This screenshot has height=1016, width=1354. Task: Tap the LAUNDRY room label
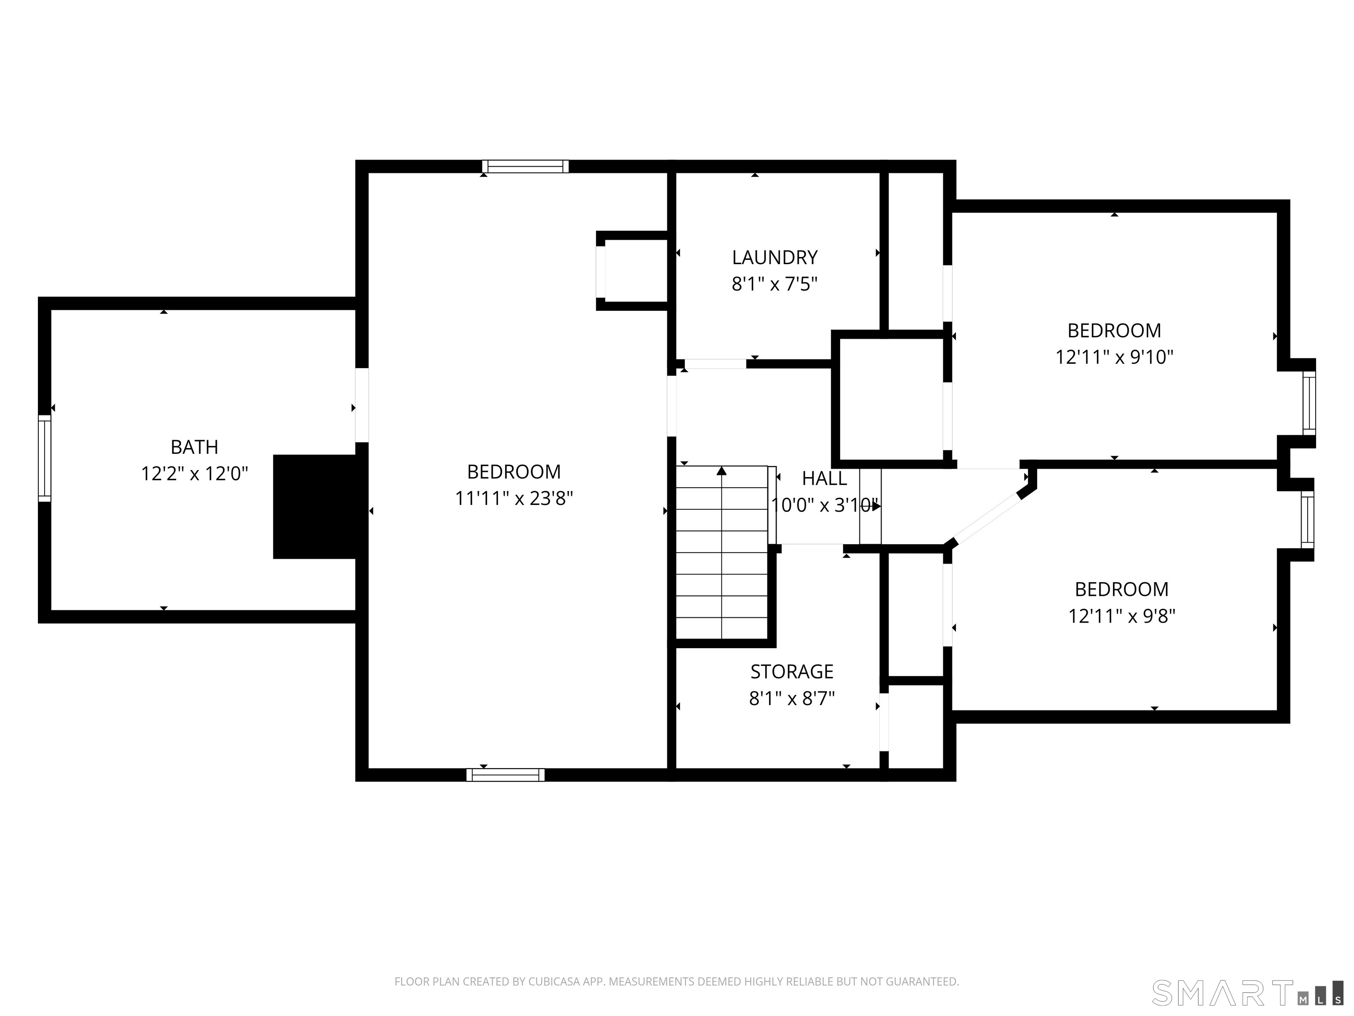coord(775,257)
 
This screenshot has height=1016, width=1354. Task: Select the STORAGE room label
coord(792,672)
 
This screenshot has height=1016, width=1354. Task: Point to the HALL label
coord(825,478)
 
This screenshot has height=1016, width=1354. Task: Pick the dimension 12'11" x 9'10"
coord(1114,357)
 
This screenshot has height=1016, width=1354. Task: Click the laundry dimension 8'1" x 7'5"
coord(775,284)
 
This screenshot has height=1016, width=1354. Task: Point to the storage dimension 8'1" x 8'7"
coord(792,698)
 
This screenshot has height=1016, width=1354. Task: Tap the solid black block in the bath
coord(315,507)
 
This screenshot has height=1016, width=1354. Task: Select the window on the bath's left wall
coord(45,458)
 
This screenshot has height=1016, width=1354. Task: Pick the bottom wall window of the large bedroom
coord(506,775)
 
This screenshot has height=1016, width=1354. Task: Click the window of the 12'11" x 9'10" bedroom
coord(1309,403)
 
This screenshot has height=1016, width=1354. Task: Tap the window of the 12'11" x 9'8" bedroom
coord(1307,519)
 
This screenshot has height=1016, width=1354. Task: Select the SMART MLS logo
coord(1247,993)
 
